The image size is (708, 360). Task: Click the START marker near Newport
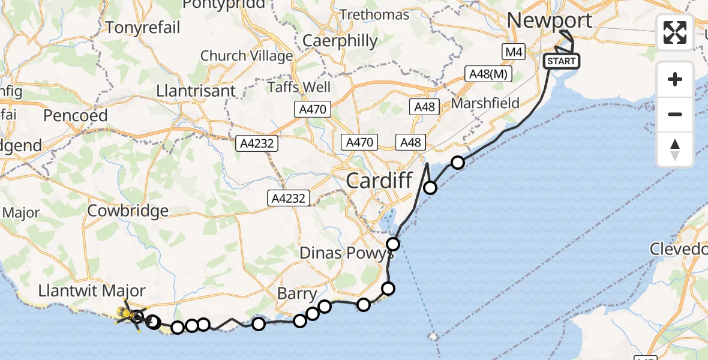click(562, 61)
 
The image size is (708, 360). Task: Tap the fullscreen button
click(675, 32)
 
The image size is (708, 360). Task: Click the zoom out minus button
click(675, 114)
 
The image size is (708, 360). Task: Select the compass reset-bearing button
click(675, 149)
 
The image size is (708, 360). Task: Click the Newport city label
click(550, 20)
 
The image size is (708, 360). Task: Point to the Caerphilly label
click(340, 41)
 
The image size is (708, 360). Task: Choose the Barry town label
click(297, 294)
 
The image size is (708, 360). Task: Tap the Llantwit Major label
click(91, 291)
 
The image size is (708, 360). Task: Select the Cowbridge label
click(128, 211)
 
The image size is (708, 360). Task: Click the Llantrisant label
click(195, 91)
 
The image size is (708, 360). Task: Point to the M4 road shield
click(512, 52)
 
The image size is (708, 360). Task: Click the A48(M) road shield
click(487, 74)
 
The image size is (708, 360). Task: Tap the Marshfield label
click(485, 103)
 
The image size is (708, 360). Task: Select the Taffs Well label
click(299, 87)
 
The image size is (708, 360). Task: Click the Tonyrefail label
click(143, 27)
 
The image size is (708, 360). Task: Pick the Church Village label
click(246, 56)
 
